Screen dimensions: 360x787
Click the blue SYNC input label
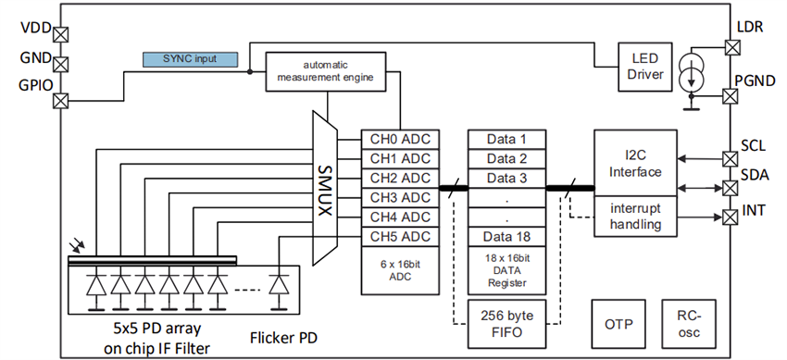(x=190, y=59)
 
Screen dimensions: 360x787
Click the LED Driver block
(x=644, y=66)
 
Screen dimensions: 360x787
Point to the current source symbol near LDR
(x=693, y=73)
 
